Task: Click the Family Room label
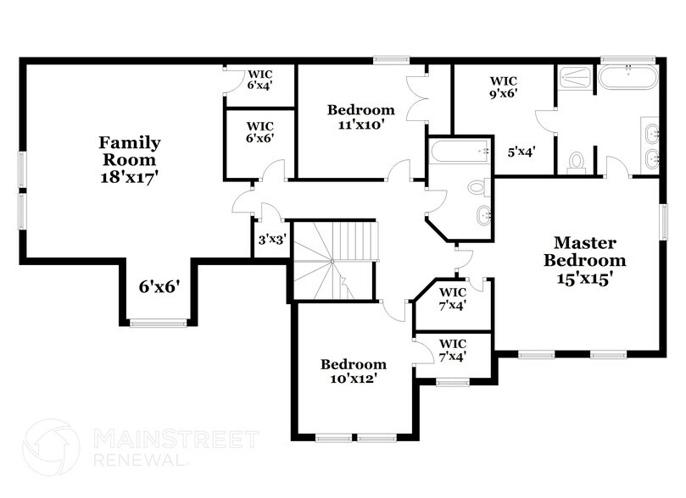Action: [x=129, y=160]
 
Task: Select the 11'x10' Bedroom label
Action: [x=361, y=117]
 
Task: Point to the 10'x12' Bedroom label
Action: [x=354, y=371]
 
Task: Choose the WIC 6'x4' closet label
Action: [x=259, y=79]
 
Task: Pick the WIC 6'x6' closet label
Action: [x=259, y=131]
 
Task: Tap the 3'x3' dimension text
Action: [x=272, y=239]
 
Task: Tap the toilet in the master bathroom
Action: [x=577, y=161]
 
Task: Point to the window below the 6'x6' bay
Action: [x=159, y=322]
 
